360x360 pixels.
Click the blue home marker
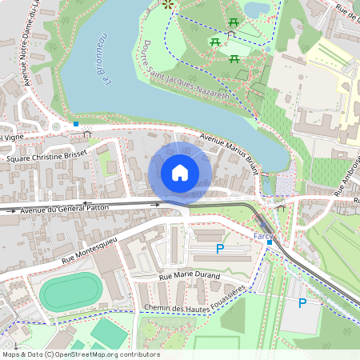tap(180, 172)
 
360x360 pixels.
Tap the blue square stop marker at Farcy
tap(270, 242)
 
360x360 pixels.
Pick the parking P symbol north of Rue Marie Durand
tap(220, 250)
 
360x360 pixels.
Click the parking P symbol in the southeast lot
tap(302, 302)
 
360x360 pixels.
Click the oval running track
tap(70, 292)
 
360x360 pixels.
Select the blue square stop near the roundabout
tap(76, 124)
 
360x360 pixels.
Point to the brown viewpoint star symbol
tap(168, 4)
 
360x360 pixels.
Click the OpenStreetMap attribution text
tap(80, 354)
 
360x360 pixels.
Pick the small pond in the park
tap(257, 9)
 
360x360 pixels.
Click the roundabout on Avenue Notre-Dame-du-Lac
tap(57, 126)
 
